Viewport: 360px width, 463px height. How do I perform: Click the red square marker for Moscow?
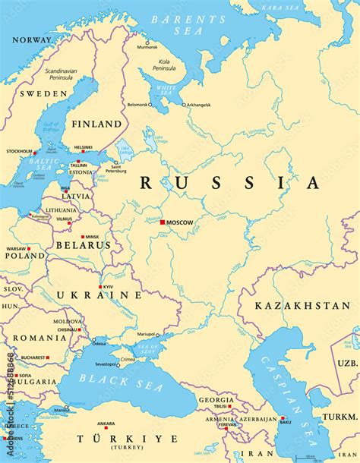(162, 222)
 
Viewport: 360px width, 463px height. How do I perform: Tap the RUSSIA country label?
(229, 183)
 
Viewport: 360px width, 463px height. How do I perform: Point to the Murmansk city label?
(147, 47)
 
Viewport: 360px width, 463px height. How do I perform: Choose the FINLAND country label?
(96, 124)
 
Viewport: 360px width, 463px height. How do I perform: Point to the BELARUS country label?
(83, 246)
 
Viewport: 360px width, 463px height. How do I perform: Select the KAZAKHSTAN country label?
(302, 305)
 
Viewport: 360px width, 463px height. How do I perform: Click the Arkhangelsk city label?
(196, 105)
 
